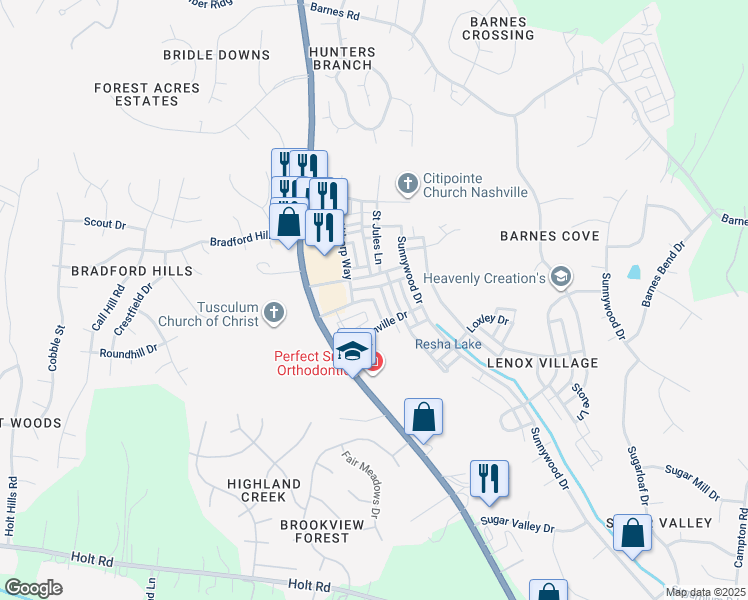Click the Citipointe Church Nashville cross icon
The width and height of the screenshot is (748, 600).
pos(407,183)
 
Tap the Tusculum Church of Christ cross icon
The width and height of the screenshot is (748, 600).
pos(273,315)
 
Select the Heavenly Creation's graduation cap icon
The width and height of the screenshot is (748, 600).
pos(561,277)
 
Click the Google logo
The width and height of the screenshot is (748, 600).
pos(33,588)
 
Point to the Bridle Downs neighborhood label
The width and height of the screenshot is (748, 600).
pos(216,55)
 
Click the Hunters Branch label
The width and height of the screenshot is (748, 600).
pos(343,59)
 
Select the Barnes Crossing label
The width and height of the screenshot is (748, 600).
pos(499,27)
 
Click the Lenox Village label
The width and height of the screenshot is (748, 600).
pos(543,363)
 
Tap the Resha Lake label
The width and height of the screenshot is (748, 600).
pos(449,345)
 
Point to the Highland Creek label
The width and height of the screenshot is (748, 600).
pos(264,490)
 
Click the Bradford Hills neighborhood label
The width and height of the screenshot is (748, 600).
pos(117,271)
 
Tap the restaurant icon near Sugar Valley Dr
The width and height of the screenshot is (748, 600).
pos(489,477)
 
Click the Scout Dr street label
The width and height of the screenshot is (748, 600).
pos(104,224)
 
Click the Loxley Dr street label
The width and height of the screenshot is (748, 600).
pos(488,321)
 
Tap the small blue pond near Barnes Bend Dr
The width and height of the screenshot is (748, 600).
pos(633,271)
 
